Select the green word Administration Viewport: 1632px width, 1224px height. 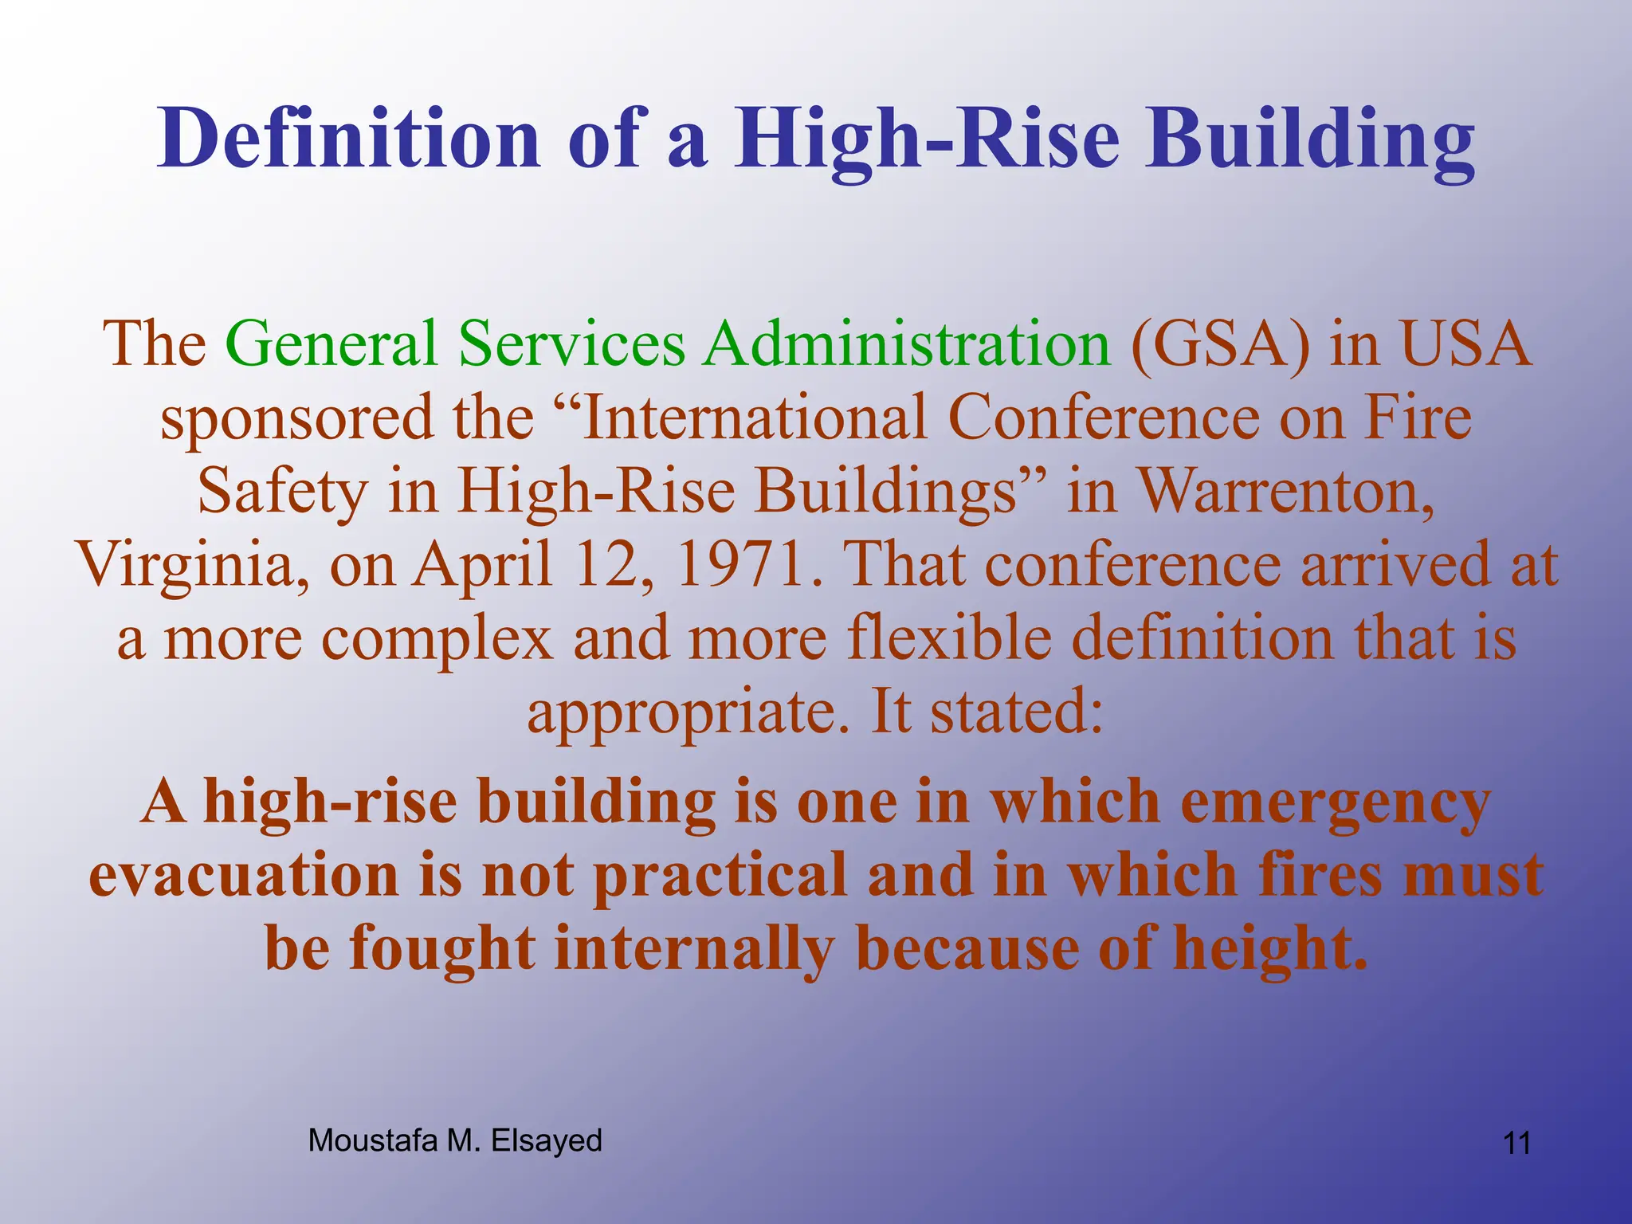coord(907,343)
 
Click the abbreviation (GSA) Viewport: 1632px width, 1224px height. coord(1219,343)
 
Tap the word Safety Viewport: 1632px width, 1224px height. coord(282,492)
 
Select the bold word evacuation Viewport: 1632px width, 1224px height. coord(243,875)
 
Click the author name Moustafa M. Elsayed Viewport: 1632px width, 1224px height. coord(455,1141)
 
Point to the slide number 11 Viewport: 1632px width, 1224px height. coord(1516,1144)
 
